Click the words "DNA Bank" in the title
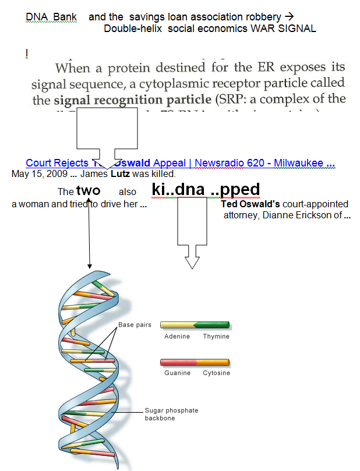[51, 17]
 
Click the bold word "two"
[88, 191]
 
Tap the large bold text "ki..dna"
[178, 190]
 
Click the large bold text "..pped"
[235, 190]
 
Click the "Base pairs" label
[135, 325]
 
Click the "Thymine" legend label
[216, 337]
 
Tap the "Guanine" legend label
[177, 373]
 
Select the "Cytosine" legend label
[216, 373]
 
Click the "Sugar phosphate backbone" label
[171, 414]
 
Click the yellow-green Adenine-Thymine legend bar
[195, 325]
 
